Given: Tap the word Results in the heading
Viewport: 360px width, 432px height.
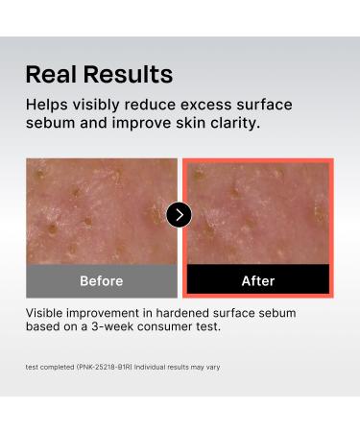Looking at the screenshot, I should (x=129, y=74).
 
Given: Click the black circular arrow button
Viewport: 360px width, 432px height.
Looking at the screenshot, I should (x=179, y=215).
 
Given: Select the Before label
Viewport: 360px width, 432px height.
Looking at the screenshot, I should (x=101, y=281).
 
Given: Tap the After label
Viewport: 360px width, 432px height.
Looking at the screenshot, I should (x=257, y=281).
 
